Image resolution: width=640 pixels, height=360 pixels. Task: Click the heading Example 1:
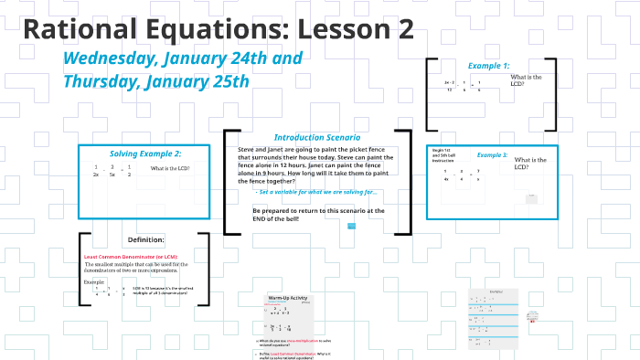coord(488,66)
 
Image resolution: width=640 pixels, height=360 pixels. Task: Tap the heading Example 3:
coord(492,155)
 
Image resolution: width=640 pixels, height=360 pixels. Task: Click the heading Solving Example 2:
coord(145,153)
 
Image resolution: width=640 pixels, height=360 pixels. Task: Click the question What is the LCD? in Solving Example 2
coord(170,169)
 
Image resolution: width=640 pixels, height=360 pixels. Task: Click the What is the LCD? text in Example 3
coord(530,164)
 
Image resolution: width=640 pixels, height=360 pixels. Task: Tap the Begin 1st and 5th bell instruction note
coord(443,154)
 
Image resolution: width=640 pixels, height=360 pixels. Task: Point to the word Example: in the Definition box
coord(95,281)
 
